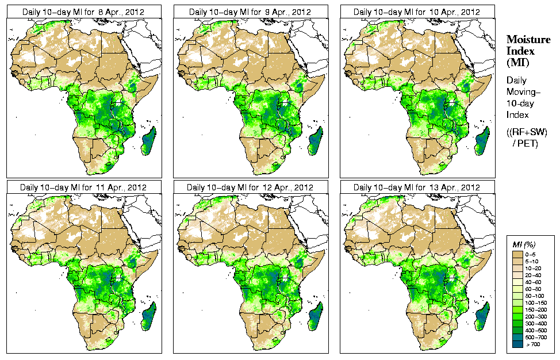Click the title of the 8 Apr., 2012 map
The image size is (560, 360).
pyautogui.click(x=83, y=12)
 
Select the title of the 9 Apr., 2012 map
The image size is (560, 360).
pyautogui.click(x=250, y=12)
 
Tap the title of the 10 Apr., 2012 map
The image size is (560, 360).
pyautogui.click(x=417, y=12)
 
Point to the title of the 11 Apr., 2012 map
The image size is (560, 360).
pyautogui.click(x=83, y=187)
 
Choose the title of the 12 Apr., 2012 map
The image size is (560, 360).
pyautogui.click(x=250, y=187)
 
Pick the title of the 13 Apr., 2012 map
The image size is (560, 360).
pyautogui.click(x=417, y=187)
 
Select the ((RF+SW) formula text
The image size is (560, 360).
pyautogui.click(x=527, y=132)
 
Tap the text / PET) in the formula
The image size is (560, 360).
pyautogui.click(x=526, y=143)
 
